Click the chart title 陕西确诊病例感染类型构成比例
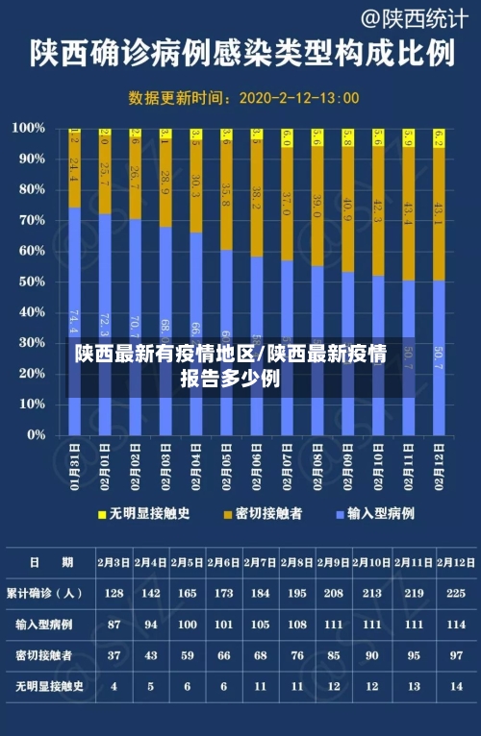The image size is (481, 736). [x=240, y=54]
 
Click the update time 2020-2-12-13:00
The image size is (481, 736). [x=298, y=98]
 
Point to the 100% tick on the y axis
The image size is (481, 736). [x=28, y=128]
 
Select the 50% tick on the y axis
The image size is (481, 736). [x=31, y=281]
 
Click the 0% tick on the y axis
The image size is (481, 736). [x=35, y=434]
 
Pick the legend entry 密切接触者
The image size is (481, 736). [x=263, y=514]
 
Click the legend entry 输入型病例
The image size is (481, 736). [x=374, y=514]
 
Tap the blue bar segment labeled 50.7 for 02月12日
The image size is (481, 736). [x=439, y=357]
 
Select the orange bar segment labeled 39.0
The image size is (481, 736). [x=316, y=205]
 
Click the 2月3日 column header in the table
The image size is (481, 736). [x=114, y=562]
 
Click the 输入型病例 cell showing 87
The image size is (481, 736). [x=114, y=625]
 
